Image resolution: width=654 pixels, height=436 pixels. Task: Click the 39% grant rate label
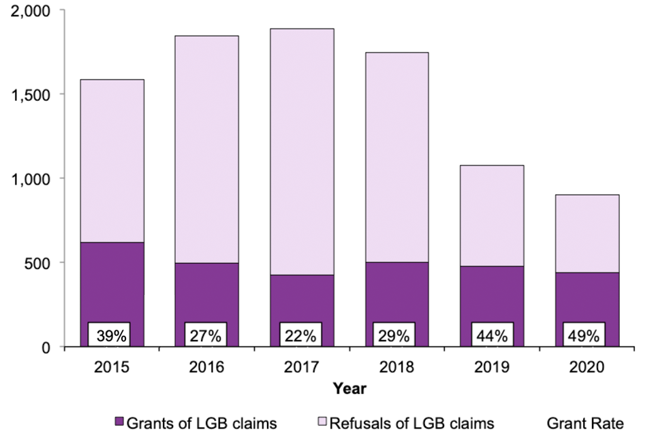[x=110, y=335]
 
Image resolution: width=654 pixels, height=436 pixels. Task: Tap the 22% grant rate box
[x=300, y=335]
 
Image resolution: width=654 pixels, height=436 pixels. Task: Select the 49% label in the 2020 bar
[x=584, y=335]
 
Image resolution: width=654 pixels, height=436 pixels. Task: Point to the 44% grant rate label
[x=490, y=335]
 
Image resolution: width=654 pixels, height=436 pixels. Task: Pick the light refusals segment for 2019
[x=490, y=215]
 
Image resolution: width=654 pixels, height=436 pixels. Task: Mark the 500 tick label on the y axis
[x=41, y=263]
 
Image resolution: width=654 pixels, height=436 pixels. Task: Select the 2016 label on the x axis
[x=205, y=368]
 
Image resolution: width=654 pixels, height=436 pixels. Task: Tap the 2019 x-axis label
[x=490, y=368]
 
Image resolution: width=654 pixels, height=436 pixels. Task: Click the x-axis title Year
[x=349, y=389]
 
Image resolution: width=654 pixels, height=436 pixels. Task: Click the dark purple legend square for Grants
[x=120, y=423]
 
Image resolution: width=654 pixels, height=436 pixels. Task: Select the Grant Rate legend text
[x=585, y=423]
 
